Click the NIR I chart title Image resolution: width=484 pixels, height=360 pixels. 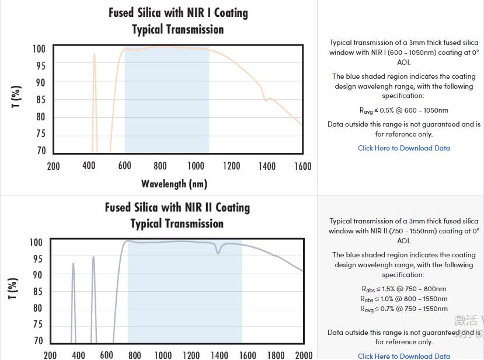[178, 21]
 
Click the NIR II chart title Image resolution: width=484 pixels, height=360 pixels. [177, 215]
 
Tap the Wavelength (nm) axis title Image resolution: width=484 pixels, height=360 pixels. [174, 184]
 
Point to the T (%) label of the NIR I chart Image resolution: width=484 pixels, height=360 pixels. [16, 96]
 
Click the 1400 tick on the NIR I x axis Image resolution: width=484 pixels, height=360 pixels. [267, 166]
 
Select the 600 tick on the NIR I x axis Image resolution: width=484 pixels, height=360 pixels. [124, 166]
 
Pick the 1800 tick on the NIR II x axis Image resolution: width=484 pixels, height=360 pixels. [276, 355]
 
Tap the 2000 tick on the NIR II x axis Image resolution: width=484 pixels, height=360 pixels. [304, 355]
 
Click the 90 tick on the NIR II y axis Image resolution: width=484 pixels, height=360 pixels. [36, 275]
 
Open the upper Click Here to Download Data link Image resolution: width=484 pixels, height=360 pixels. [404, 148]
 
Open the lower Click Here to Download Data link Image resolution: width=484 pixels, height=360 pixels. [404, 356]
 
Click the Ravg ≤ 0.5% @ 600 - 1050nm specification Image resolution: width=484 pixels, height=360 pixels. [404, 110]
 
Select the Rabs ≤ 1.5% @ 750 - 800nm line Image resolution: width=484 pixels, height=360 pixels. [404, 289]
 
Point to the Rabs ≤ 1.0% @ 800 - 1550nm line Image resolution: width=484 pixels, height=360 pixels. [404, 299]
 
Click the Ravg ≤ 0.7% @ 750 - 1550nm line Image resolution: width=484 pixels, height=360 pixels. [404, 309]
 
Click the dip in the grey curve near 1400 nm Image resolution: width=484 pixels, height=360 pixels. [219, 252]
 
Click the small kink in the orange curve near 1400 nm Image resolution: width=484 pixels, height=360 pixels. [266, 100]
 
